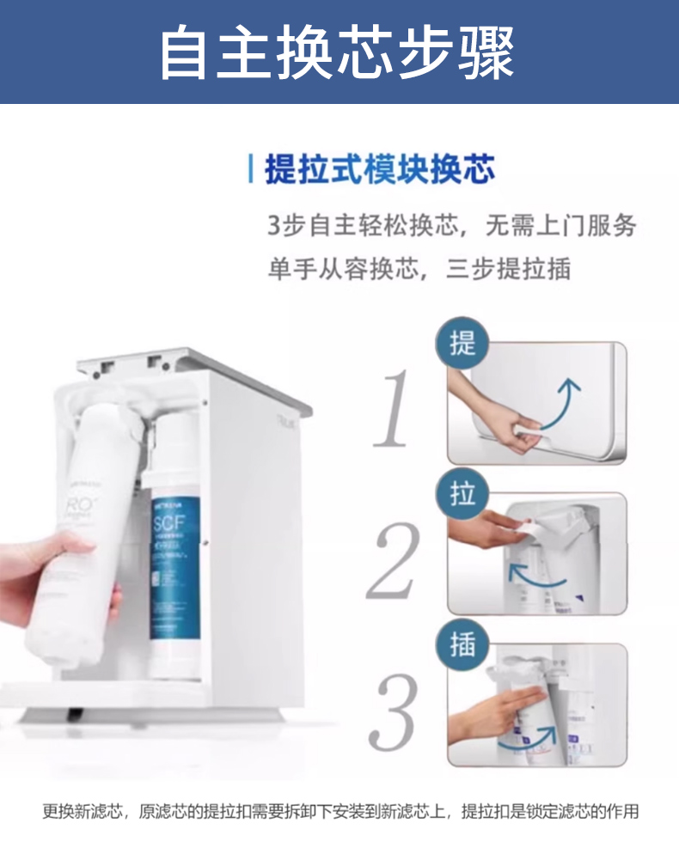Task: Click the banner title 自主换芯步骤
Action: click(x=338, y=52)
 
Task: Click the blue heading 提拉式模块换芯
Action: click(x=379, y=169)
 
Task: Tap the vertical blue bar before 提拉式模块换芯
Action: click(x=250, y=169)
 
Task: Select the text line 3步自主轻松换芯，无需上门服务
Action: click(x=452, y=226)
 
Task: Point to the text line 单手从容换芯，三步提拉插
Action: click(x=419, y=269)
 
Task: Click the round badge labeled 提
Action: click(x=462, y=345)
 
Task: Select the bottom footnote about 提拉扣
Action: click(x=340, y=811)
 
